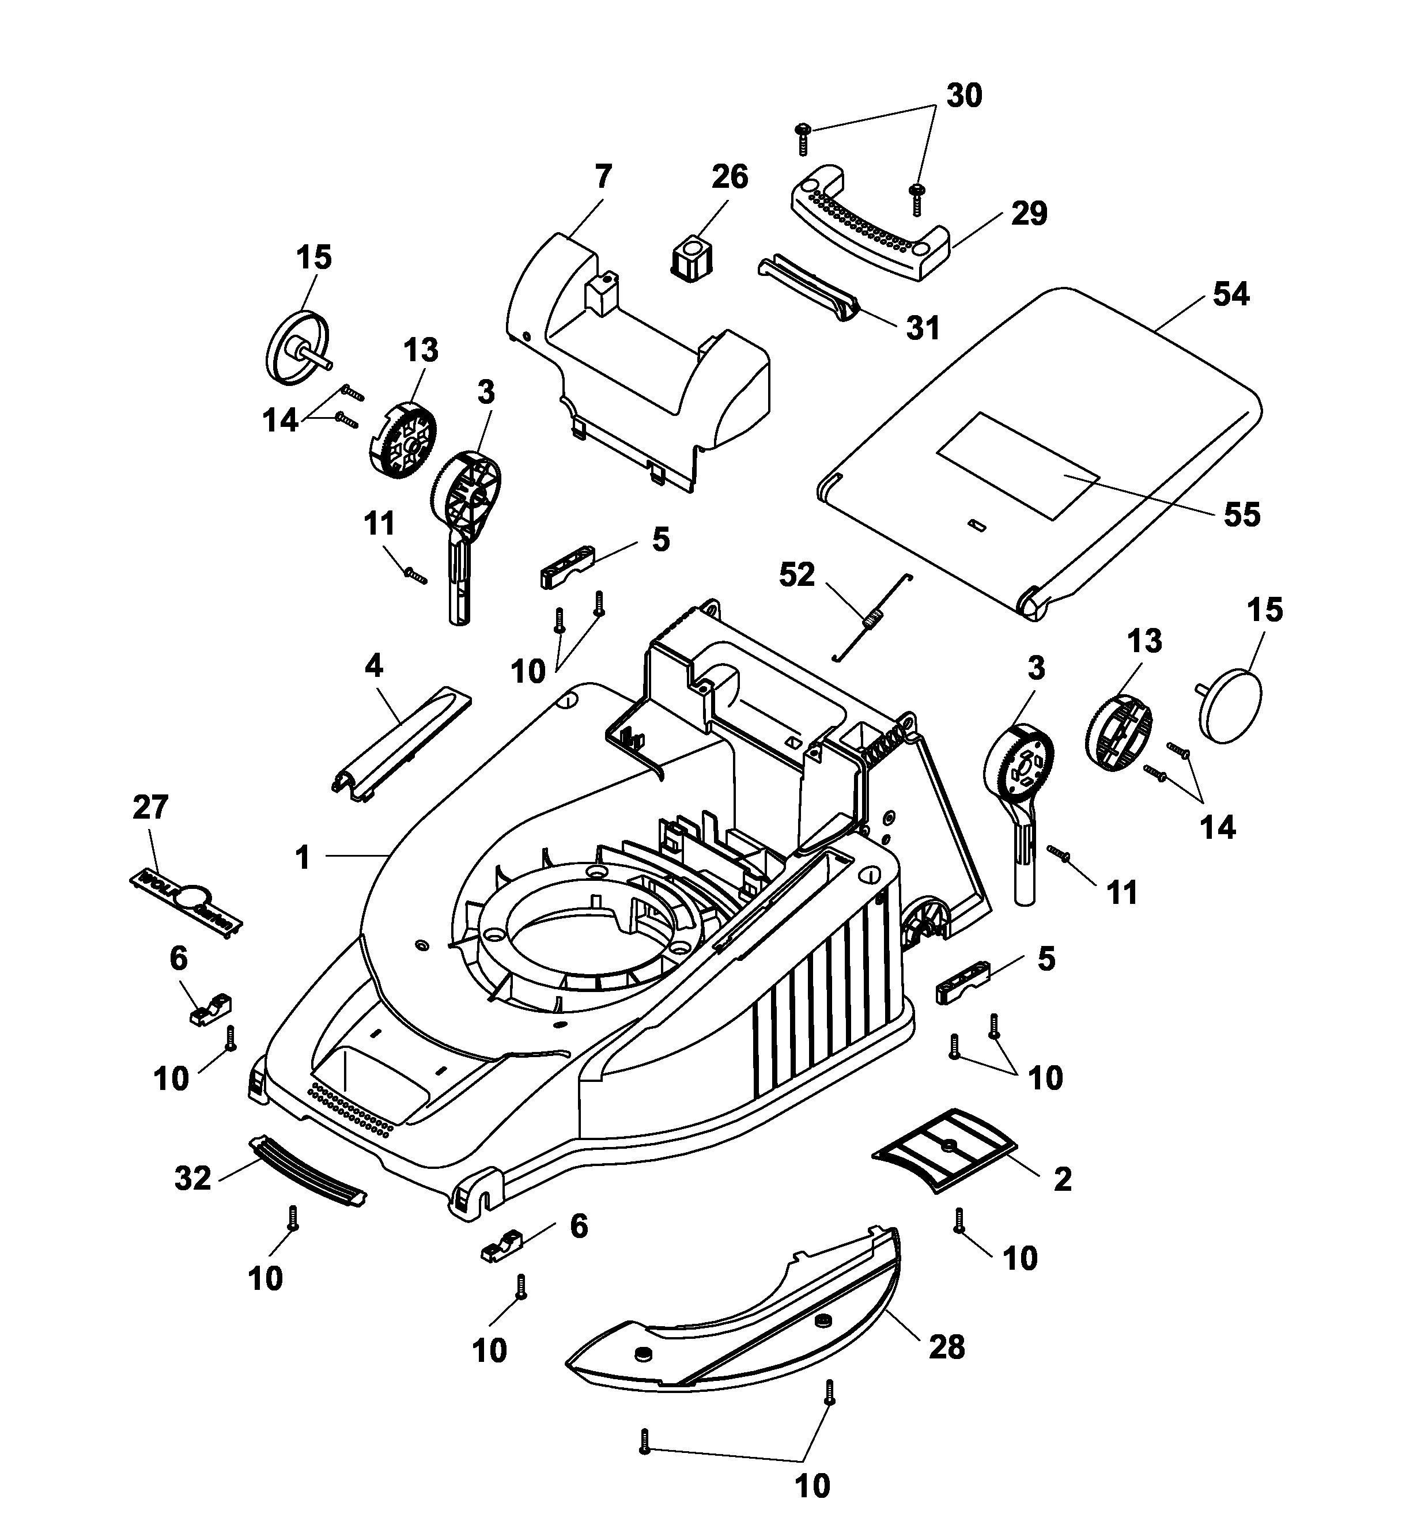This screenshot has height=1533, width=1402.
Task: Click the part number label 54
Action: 1230,294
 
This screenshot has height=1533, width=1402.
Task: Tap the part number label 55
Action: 1241,515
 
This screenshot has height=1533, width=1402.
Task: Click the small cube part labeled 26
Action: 691,256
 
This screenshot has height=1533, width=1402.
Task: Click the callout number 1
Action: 303,857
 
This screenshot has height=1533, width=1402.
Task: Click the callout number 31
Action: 922,328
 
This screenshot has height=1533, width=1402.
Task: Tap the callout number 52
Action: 796,575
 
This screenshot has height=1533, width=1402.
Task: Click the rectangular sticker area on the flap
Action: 1017,465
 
